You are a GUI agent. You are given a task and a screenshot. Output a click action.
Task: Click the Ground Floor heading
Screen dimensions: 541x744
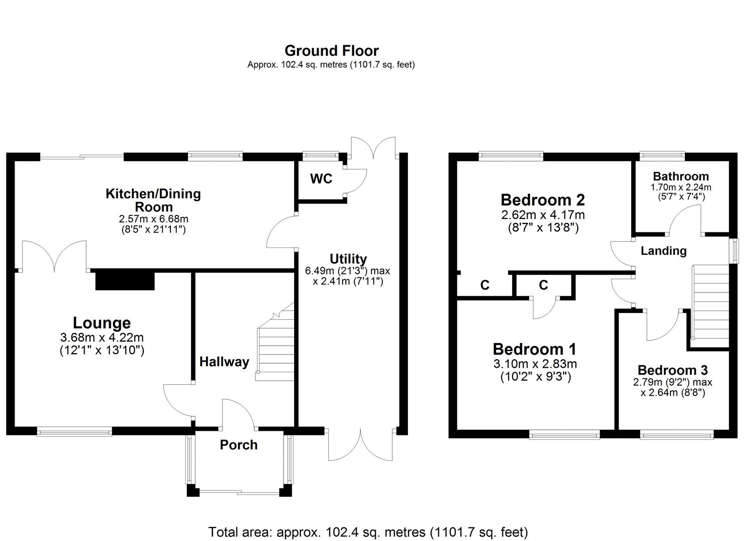click(331, 51)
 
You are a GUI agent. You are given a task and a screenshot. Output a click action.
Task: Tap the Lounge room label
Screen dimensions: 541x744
click(102, 323)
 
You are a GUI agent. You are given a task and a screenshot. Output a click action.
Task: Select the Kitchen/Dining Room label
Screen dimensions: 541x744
click(153, 200)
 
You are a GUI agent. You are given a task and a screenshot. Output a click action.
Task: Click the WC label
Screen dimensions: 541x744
click(321, 179)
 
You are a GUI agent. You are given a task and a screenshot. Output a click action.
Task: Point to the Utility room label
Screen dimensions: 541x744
click(348, 259)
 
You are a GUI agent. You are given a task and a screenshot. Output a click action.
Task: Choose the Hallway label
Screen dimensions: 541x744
click(224, 362)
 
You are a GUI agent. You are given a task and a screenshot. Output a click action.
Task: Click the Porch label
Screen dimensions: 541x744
click(238, 445)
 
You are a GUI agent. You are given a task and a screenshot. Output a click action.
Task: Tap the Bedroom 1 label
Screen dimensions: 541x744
click(535, 349)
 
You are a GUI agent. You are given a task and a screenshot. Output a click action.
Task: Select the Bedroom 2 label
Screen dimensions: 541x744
click(543, 200)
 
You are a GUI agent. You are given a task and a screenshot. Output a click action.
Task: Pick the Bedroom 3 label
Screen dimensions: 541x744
click(672, 370)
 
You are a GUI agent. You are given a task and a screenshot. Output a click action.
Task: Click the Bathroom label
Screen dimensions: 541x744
click(681, 176)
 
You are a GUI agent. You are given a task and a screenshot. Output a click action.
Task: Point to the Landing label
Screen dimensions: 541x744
click(663, 250)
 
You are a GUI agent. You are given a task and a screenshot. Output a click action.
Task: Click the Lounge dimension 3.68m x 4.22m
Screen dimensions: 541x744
click(102, 338)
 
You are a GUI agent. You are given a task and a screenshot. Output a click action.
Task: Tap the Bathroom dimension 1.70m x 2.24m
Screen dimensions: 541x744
click(681, 187)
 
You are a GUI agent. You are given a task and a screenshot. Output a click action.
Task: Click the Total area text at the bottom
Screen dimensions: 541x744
click(368, 531)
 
